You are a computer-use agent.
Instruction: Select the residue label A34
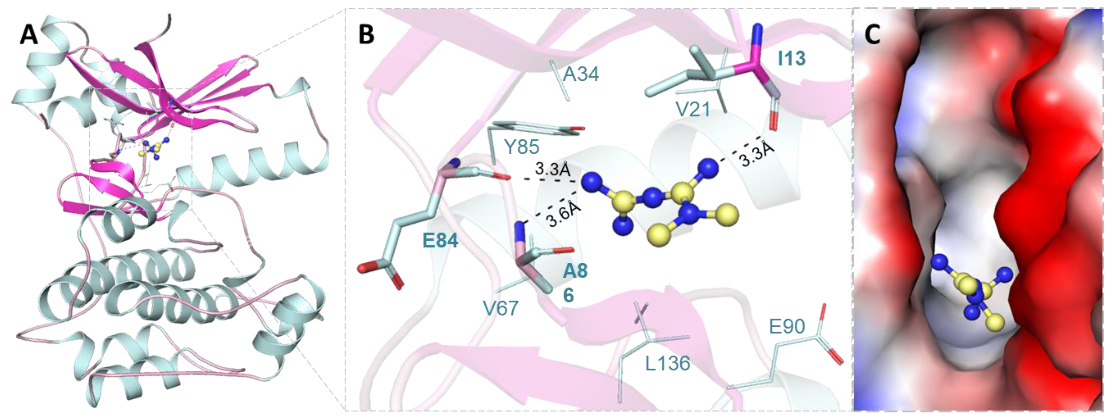pyautogui.click(x=581, y=75)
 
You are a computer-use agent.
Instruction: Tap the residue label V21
pyautogui.click(x=693, y=109)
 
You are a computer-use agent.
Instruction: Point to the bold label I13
pyautogui.click(x=791, y=58)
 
